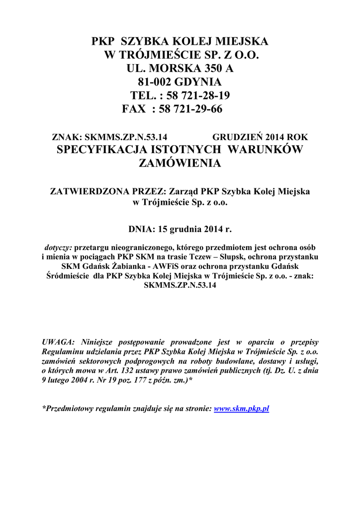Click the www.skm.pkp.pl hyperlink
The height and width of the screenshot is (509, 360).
click(x=241, y=409)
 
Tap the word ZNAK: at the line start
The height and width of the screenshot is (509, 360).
click(x=68, y=137)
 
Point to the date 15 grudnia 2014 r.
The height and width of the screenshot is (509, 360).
click(x=194, y=230)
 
